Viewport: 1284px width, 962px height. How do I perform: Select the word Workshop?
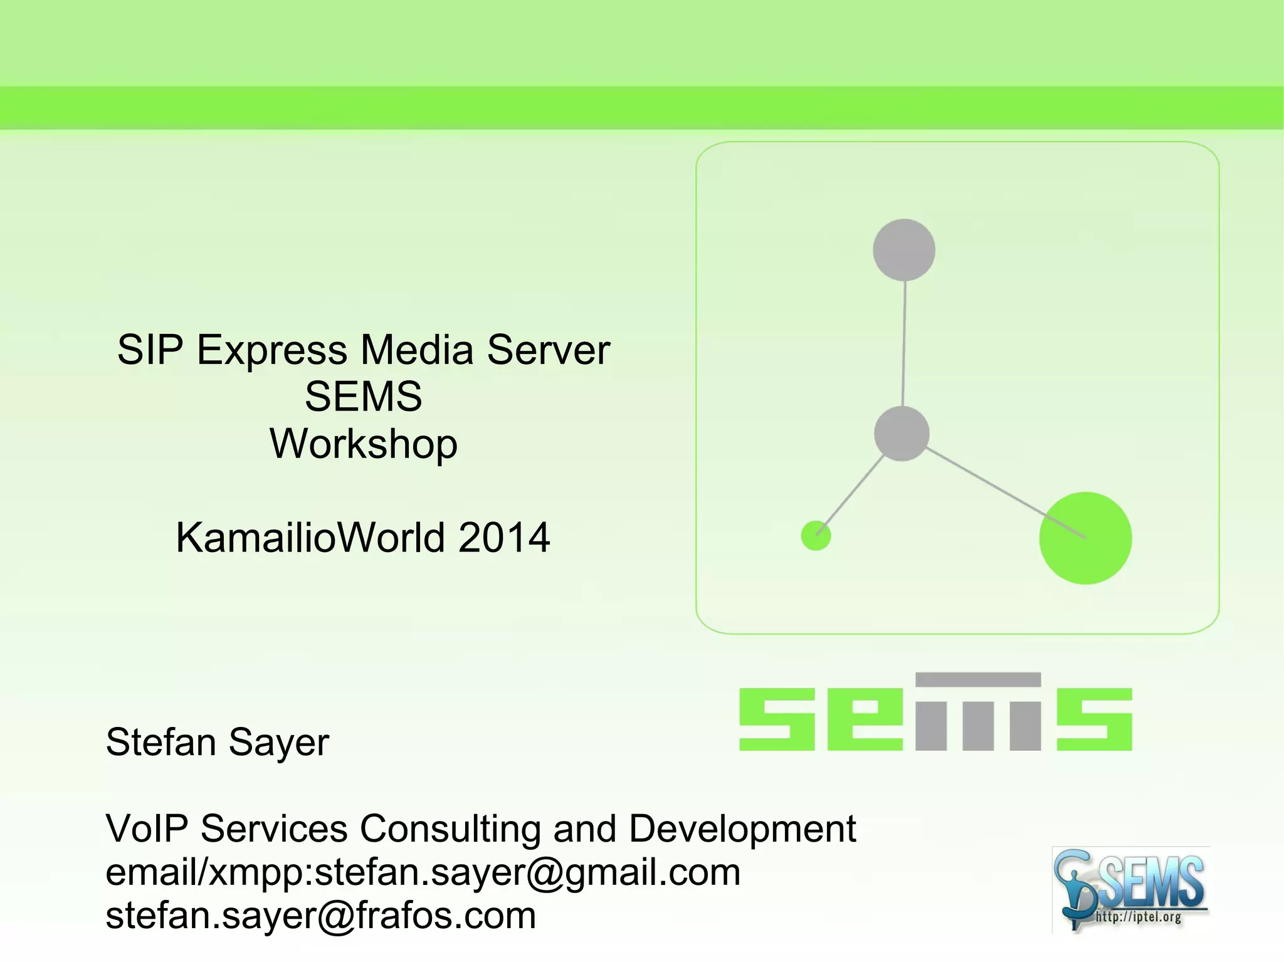[x=364, y=444]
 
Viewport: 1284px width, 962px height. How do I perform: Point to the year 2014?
[x=504, y=538]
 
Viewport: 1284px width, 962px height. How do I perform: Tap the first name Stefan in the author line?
[x=161, y=742]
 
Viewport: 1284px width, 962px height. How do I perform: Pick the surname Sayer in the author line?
[x=278, y=743]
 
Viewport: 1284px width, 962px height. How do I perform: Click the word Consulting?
[x=450, y=829]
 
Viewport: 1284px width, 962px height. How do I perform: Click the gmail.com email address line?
[x=423, y=872]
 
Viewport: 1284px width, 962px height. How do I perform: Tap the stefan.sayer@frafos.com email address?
[x=321, y=916]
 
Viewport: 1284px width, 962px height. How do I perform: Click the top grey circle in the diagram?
[x=903, y=250]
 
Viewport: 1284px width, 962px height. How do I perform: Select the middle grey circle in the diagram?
[x=901, y=434]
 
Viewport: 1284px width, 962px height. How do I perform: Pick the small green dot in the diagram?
[x=816, y=536]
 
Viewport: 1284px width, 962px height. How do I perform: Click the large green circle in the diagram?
[x=1085, y=538]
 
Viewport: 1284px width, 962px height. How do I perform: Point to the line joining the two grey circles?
[x=903, y=343]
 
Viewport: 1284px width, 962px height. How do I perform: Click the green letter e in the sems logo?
[x=865, y=719]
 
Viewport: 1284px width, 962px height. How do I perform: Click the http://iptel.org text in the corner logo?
[x=1138, y=918]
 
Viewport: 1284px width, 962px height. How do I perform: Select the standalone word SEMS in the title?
[x=364, y=396]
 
